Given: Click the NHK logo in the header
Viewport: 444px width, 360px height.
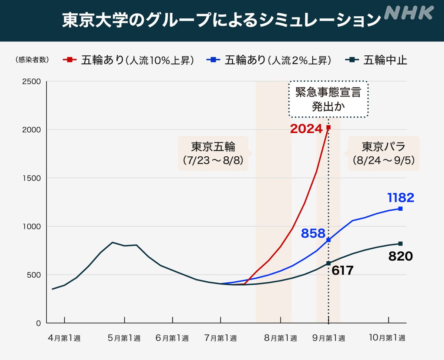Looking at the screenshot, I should tap(408, 13).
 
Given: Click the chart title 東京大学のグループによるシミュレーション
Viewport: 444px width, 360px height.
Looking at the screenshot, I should tap(221, 21).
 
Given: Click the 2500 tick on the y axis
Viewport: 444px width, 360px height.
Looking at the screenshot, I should tap(33, 81).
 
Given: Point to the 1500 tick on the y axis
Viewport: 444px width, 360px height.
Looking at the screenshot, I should tap(33, 178).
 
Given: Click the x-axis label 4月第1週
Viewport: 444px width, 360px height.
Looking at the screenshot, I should tap(64, 338).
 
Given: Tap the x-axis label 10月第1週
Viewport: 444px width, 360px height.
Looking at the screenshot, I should tap(388, 338).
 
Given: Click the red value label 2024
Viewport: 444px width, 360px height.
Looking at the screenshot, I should tap(306, 129).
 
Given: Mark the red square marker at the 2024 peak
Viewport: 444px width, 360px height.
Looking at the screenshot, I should tap(329, 128).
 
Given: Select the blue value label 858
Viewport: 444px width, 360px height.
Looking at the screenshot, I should tap(313, 233).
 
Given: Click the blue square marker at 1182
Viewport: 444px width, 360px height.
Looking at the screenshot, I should tap(400, 209).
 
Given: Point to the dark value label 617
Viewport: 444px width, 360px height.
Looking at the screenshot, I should tap(342, 270).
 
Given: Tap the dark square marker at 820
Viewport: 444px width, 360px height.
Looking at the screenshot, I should tap(400, 244).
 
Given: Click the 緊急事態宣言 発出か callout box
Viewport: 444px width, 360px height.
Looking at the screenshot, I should tap(328, 99).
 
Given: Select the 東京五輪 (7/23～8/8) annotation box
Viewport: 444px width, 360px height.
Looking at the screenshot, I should tap(213, 154).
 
